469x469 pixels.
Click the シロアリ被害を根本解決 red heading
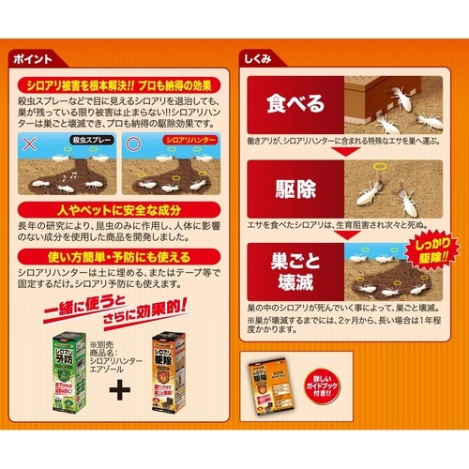121,83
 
